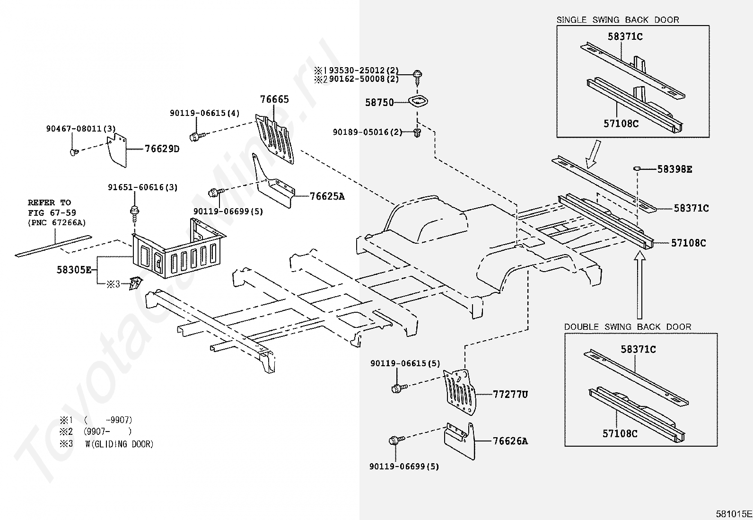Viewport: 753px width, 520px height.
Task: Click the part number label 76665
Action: pyautogui.click(x=274, y=99)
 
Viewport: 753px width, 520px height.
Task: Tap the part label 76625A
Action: pyautogui.click(x=327, y=196)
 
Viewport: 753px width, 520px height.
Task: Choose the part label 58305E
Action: pyautogui.click(x=74, y=270)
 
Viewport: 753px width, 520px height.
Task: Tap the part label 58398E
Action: pyautogui.click(x=674, y=169)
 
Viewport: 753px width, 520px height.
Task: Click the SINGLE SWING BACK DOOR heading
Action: pyautogui.click(x=617, y=20)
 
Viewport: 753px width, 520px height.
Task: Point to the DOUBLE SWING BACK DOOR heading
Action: pyautogui.click(x=627, y=327)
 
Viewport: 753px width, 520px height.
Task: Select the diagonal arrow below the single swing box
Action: pyautogui.click(x=593, y=157)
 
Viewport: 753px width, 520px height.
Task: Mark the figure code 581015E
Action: pyautogui.click(x=734, y=514)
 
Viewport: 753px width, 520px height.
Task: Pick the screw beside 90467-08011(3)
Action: pyautogui.click(x=73, y=151)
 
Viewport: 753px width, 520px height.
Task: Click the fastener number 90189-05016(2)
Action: pyautogui.click(x=367, y=132)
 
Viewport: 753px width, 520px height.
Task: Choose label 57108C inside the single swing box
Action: pyautogui.click(x=621, y=123)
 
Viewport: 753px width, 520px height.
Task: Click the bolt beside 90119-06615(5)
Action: pyautogui.click(x=397, y=388)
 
